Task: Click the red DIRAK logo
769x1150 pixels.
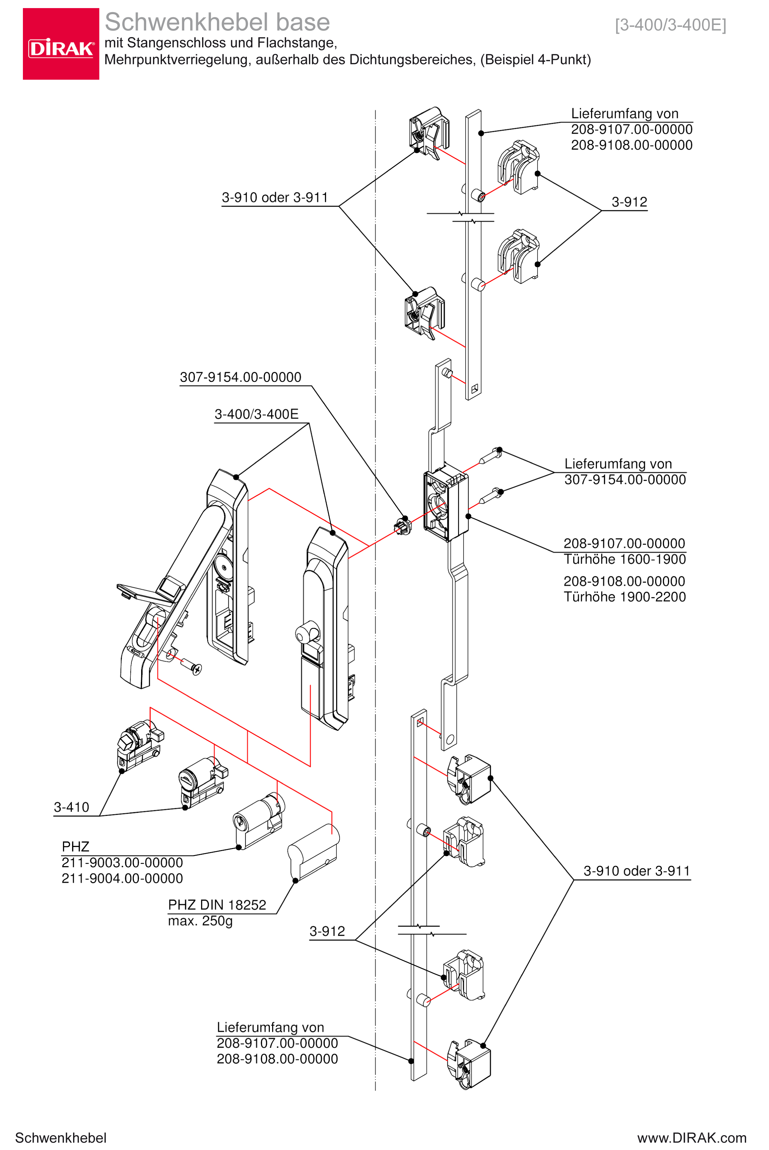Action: [61, 44]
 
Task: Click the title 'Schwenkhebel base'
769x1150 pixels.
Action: [217, 22]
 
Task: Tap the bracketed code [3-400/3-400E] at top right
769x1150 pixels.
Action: [670, 25]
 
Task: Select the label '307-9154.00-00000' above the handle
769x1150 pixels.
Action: [240, 377]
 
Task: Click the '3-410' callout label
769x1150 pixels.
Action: [72, 807]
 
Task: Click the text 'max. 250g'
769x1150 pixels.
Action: [200, 921]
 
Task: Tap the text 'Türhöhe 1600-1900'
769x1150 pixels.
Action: [624, 559]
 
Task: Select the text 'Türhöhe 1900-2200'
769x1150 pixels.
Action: [624, 597]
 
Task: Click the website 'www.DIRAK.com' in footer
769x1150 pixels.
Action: [692, 1138]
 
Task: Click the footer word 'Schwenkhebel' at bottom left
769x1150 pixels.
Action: [61, 1138]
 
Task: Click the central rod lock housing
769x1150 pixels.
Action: [445, 505]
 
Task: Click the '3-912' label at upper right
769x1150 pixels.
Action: [629, 202]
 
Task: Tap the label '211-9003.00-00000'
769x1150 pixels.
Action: [122, 862]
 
